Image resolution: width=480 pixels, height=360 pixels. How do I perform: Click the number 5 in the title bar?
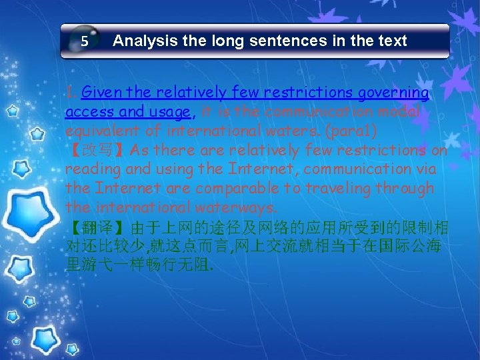[85, 41]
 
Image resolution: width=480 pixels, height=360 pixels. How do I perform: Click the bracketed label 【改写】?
[97, 149]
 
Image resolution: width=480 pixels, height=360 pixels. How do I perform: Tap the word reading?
[89, 169]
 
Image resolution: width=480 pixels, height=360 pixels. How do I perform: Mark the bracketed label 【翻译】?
[97, 227]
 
